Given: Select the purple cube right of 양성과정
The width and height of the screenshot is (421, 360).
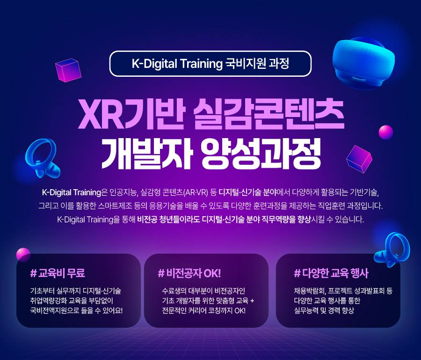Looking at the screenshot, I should click(x=359, y=157).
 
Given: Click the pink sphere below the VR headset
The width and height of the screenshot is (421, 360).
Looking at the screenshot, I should click(x=386, y=132).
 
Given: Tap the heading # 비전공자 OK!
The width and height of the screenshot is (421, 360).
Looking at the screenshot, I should click(x=189, y=273).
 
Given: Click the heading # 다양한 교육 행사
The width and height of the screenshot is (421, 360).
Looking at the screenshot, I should click(x=327, y=273).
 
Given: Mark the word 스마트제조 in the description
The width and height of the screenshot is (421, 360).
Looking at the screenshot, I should click(x=157, y=206).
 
